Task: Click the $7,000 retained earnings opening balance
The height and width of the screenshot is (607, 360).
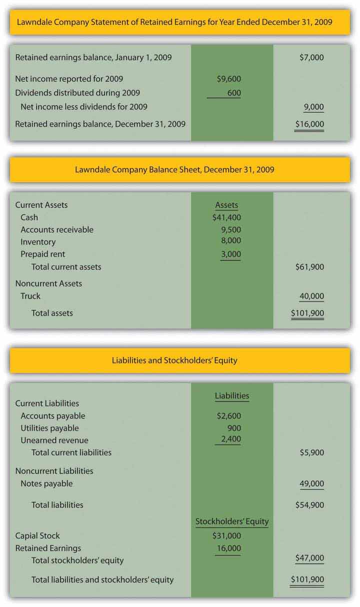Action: click(x=311, y=57)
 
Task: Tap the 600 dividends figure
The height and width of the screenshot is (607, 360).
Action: click(x=233, y=92)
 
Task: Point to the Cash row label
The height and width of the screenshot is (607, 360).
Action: click(x=29, y=217)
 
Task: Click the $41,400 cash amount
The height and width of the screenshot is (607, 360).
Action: click(x=226, y=217)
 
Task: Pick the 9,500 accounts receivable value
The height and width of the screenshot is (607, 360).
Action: click(x=231, y=230)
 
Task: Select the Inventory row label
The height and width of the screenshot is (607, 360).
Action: click(x=38, y=242)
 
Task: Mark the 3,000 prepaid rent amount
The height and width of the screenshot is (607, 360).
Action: click(x=231, y=254)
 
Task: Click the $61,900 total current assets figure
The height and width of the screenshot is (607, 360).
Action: click(x=309, y=267)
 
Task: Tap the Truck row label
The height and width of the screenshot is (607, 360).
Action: click(x=30, y=296)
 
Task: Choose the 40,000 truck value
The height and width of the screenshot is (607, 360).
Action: click(x=311, y=296)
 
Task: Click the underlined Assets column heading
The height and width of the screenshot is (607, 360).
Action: click(x=226, y=205)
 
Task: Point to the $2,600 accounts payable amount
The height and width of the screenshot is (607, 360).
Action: click(x=229, y=416)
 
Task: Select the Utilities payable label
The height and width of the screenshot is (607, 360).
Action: click(x=49, y=428)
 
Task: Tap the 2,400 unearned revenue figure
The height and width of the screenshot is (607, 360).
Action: click(x=231, y=439)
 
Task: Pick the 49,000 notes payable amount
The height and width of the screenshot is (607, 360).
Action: click(x=311, y=483)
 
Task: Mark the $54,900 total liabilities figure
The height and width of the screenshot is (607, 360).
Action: click(x=309, y=505)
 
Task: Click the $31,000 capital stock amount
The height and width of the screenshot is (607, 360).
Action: click(x=226, y=536)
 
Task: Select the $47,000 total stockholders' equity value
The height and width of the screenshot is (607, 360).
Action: click(x=309, y=557)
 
